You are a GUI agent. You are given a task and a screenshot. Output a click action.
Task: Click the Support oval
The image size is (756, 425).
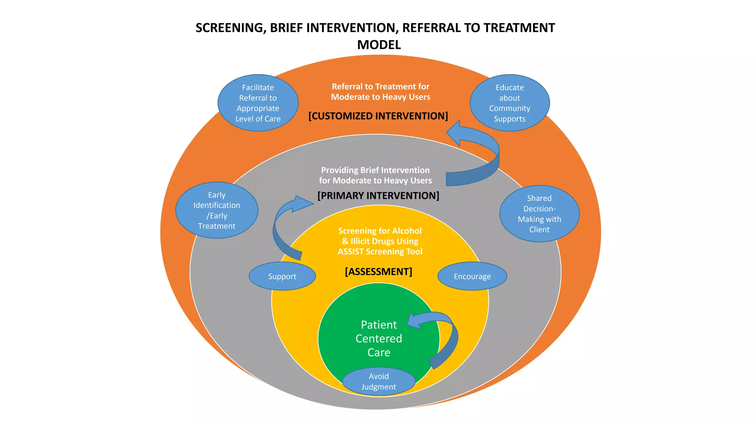(x=282, y=276)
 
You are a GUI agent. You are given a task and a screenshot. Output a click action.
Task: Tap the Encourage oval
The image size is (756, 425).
(x=472, y=276)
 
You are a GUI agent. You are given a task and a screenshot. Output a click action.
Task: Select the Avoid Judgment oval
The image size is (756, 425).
(x=379, y=381)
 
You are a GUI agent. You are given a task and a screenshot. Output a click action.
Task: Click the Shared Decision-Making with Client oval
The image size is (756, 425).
(x=539, y=214)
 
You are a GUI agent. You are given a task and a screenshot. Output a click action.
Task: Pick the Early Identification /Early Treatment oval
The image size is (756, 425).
(x=217, y=210)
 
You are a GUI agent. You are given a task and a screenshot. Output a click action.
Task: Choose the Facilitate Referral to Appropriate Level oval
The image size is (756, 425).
(x=258, y=103)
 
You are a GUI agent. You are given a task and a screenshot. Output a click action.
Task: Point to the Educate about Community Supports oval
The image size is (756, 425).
(x=509, y=103)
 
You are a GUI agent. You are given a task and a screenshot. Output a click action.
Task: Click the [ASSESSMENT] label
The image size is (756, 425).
(x=378, y=272)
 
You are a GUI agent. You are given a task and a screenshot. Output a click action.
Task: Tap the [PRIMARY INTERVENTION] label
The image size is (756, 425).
(x=378, y=196)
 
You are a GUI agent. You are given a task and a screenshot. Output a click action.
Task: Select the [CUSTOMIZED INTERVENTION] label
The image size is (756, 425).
(x=378, y=116)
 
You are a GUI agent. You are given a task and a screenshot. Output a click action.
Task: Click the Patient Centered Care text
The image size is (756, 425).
(x=379, y=338)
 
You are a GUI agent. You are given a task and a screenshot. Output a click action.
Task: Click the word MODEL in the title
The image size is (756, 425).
(x=379, y=45)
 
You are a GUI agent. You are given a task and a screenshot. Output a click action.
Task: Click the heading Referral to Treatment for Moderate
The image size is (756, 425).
(x=381, y=92)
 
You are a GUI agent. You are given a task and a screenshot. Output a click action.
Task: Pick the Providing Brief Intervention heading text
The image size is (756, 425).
(x=375, y=175)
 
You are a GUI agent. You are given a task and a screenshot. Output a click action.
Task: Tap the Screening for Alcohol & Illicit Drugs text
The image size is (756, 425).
(x=380, y=241)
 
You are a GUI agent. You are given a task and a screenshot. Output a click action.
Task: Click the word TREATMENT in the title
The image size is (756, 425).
(x=519, y=28)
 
